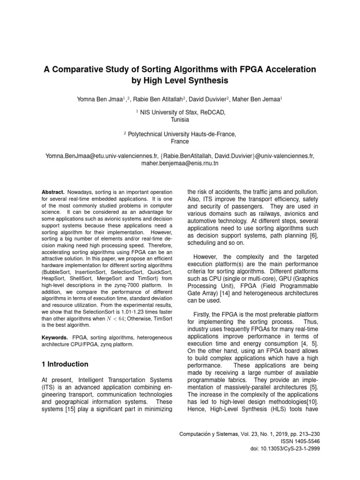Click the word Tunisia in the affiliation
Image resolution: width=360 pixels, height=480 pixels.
(180, 120)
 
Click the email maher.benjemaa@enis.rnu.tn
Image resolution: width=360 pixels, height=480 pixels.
(180, 164)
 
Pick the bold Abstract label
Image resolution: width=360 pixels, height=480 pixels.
(52, 193)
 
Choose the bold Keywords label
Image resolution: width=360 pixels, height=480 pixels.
(55, 337)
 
